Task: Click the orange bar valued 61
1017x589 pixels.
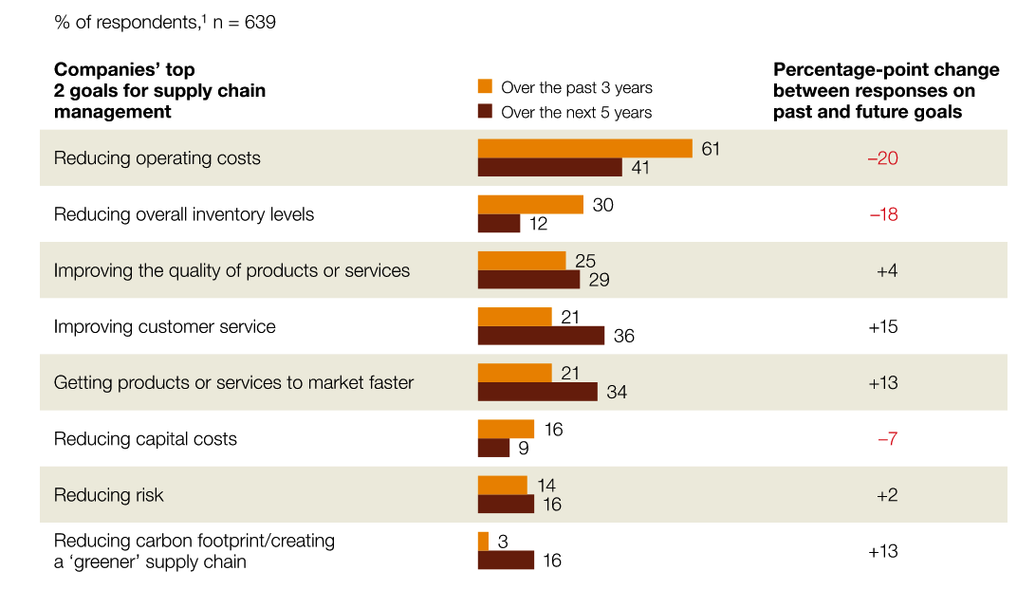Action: [584, 149]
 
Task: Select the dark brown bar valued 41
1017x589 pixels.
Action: [549, 168]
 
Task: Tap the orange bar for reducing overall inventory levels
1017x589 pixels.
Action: [530, 205]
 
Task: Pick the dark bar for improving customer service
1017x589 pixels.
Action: [541, 336]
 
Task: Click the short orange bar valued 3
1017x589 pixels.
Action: [483, 542]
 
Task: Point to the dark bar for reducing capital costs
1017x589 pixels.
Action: [493, 448]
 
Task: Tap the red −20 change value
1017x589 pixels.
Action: [882, 158]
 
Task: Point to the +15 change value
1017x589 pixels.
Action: [882, 326]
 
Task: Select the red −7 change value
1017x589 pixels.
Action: [887, 439]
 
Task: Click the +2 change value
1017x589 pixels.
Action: [887, 495]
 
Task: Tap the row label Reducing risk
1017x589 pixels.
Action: [109, 495]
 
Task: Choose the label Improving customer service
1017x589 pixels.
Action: [164, 326]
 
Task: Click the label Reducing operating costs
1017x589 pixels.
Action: [157, 158]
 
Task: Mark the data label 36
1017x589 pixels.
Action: [623, 336]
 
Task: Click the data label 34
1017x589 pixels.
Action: [617, 392]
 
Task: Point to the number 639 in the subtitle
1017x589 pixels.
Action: [259, 22]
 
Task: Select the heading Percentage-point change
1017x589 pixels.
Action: [886, 70]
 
